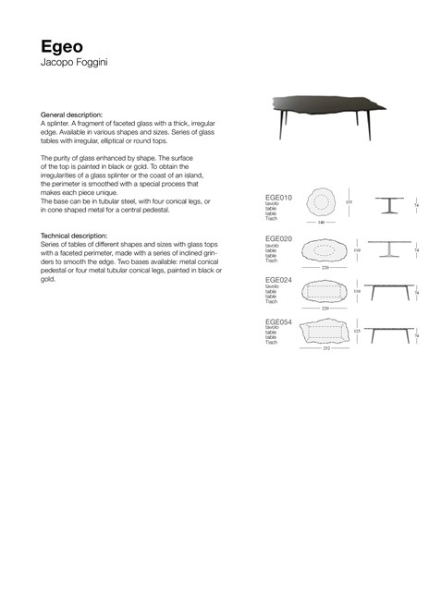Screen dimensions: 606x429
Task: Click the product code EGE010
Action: (x=278, y=197)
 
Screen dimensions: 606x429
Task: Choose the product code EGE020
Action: (x=278, y=238)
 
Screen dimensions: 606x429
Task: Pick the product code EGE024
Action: (x=278, y=278)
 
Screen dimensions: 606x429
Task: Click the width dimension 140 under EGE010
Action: (x=320, y=223)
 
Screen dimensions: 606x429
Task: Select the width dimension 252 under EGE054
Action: (x=325, y=350)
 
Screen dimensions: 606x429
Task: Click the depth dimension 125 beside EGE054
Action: (x=357, y=330)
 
